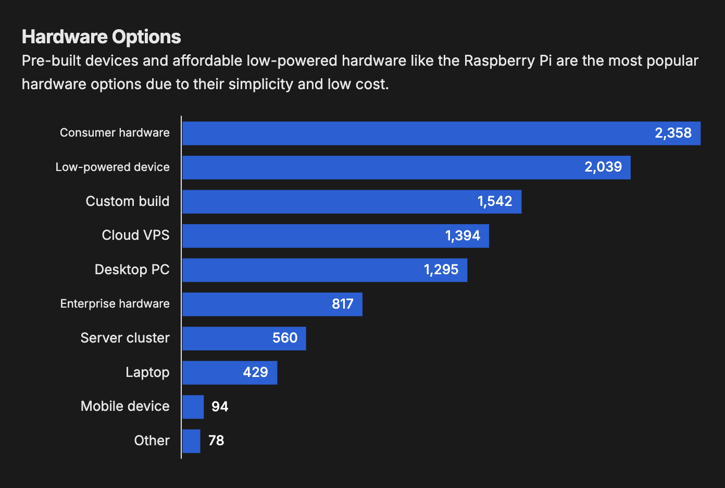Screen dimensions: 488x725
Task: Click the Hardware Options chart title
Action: (102, 37)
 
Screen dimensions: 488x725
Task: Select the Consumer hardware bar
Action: (417, 133)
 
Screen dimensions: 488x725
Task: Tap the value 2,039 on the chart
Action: (603, 167)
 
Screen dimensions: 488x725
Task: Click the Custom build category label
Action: (128, 201)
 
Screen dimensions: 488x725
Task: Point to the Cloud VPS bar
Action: (312, 236)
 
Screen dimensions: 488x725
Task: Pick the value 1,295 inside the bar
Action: (441, 270)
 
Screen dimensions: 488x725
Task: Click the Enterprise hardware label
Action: (115, 304)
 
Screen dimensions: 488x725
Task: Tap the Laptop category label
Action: (147, 372)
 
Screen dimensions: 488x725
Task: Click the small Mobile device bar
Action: (193, 407)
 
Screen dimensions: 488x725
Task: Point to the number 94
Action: (220, 407)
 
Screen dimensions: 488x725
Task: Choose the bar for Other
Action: (191, 441)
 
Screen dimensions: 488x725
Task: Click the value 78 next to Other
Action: (216, 441)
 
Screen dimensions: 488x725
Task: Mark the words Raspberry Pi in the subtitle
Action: (508, 61)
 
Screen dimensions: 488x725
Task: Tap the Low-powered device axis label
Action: (113, 167)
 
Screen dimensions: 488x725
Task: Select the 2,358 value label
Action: (673, 133)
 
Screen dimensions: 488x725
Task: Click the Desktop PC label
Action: (132, 270)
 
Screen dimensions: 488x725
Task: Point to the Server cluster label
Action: (125, 338)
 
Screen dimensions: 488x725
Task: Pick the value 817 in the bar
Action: (343, 304)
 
